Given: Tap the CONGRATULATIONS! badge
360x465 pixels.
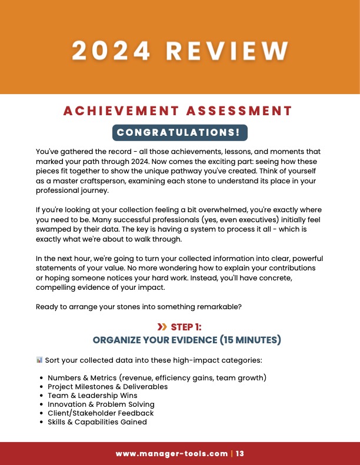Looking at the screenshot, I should [x=180, y=133].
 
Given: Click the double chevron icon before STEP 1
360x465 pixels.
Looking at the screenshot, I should [x=162, y=327].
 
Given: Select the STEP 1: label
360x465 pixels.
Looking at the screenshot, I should [x=186, y=327].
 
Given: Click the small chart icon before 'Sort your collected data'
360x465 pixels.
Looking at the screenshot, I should [x=39, y=360].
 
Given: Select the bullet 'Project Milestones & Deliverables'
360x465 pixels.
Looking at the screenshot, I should [x=108, y=386].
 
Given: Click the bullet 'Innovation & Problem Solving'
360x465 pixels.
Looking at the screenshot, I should [x=101, y=404].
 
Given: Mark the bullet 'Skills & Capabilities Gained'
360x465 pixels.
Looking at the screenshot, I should [x=97, y=422].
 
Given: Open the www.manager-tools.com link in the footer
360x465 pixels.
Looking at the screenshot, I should [x=172, y=453].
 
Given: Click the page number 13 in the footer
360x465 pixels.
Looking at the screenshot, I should [x=240, y=453].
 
